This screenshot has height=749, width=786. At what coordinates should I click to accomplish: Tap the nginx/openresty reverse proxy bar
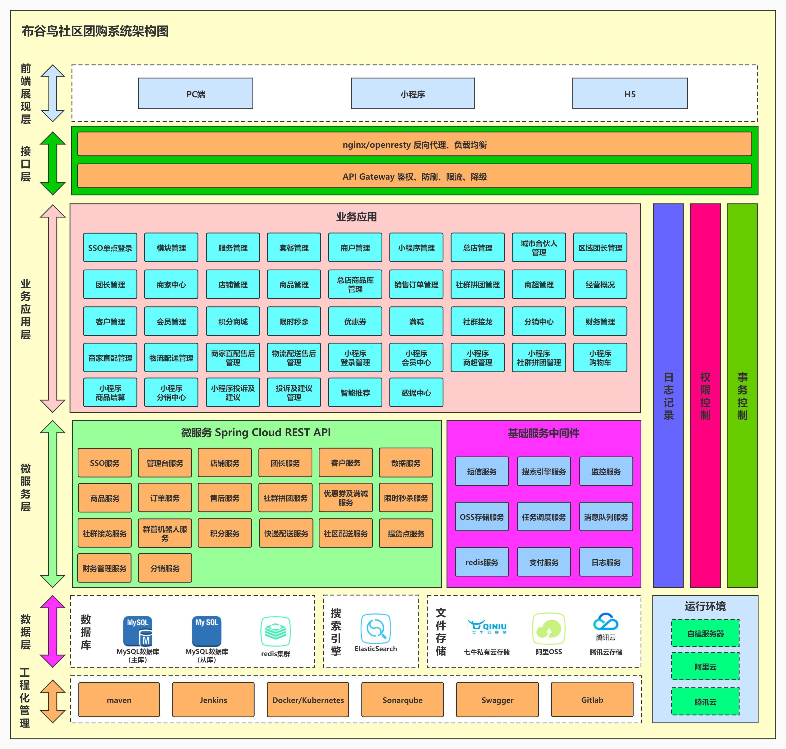pos(414,144)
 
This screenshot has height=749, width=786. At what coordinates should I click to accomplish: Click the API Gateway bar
pos(414,176)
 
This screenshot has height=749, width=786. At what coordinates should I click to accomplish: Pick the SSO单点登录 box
pos(110,247)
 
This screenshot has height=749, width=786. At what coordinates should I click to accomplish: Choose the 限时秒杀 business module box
pos(294,321)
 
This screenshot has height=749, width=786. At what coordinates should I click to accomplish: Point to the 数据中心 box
pos(416,392)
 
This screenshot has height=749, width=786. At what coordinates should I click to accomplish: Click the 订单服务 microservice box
pos(165,498)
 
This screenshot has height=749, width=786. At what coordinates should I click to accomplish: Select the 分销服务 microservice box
pos(165,568)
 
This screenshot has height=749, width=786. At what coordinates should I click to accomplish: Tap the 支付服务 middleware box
pos(544,562)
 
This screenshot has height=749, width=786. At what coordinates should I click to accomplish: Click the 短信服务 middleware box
pos(482,472)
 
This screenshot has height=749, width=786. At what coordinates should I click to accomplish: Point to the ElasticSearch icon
pos(376,629)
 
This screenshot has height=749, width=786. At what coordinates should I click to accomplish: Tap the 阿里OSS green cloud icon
pos(549,629)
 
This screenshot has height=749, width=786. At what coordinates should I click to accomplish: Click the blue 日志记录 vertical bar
pos(668,395)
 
